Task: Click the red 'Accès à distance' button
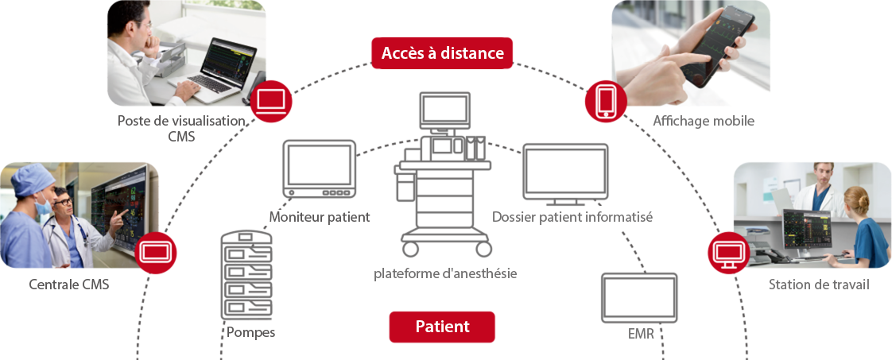tap(442, 53)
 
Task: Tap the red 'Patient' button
tap(442, 327)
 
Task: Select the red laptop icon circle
tap(271, 101)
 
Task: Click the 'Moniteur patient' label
tap(320, 217)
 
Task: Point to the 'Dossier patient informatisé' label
tap(572, 217)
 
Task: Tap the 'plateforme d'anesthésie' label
tap(445, 274)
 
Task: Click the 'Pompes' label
tap(250, 332)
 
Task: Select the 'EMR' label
tap(641, 334)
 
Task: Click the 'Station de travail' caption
tap(819, 285)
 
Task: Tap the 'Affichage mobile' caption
tap(703, 121)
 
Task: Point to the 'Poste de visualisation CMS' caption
tap(180, 128)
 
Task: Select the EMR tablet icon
tap(639, 297)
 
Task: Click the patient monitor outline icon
tap(320, 169)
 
